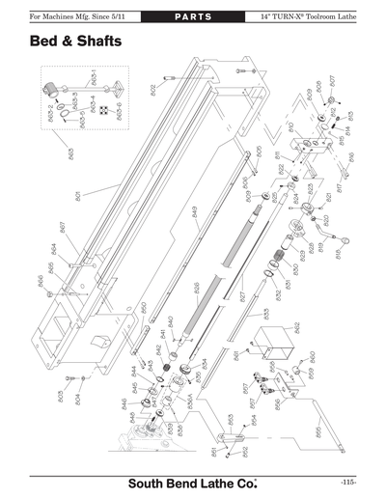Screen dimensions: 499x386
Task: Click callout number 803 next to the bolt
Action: coord(59,396)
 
